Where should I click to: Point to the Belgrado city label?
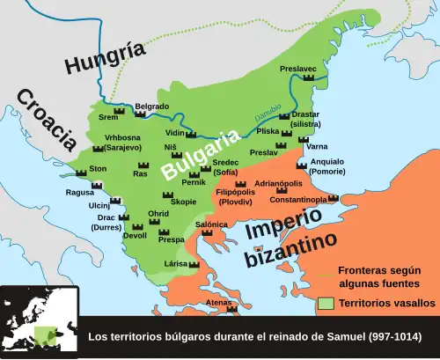[152, 106]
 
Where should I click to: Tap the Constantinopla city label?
[298, 200]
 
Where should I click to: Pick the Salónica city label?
[211, 224]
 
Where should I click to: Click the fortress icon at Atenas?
[232, 310]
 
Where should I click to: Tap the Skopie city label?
[183, 202]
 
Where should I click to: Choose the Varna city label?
[318, 145]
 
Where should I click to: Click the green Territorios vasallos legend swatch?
[326, 303]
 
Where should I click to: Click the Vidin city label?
[176, 133]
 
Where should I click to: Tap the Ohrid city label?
[158, 214]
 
